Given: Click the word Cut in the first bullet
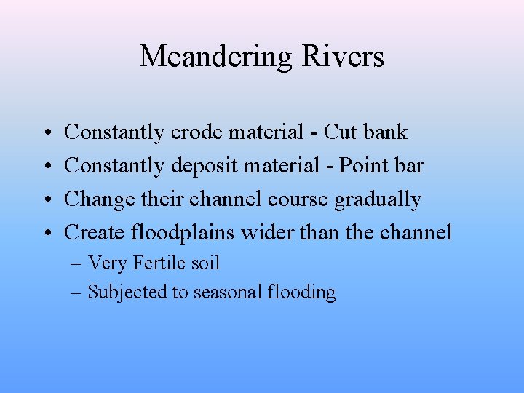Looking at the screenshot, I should click(341, 132).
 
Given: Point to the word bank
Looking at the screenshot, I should click(386, 132).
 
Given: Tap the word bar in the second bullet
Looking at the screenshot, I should click(410, 166).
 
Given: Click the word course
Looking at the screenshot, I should click(298, 199).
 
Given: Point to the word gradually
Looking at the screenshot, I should click(378, 199).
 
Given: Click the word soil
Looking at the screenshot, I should click(204, 263).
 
